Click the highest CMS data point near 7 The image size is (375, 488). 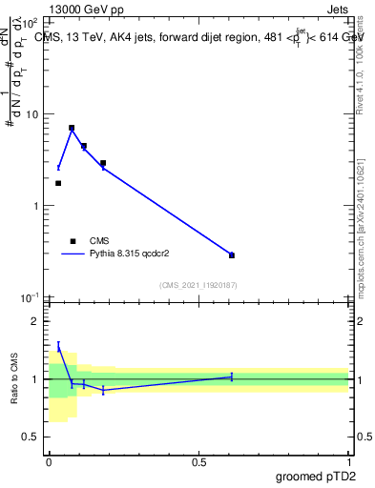72,128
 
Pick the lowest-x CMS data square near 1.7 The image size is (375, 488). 58,183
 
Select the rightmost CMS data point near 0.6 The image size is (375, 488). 232,255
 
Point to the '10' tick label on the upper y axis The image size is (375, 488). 31,114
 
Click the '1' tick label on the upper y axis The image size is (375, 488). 35,206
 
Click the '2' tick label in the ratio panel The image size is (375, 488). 35,322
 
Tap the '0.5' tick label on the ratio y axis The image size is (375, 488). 30,437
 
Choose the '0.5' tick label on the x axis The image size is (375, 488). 198,462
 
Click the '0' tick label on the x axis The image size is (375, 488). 49,462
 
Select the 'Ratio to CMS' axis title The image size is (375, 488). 15,378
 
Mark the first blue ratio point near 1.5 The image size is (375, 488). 58,347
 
